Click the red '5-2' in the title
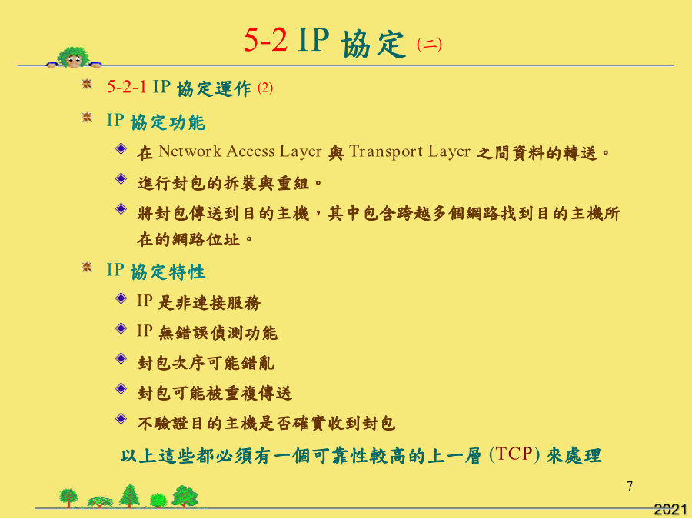point(266,40)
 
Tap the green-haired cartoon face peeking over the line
point(74,58)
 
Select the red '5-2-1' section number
point(127,87)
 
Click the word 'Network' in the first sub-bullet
point(190,151)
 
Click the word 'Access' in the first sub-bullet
point(251,151)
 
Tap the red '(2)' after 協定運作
point(265,88)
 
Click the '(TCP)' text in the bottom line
point(514,454)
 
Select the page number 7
point(630,486)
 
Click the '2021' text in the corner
point(670,509)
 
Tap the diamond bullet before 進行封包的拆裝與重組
point(121,178)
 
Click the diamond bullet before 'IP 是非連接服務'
point(121,298)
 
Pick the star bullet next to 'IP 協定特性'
point(87,267)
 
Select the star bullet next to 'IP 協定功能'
point(87,118)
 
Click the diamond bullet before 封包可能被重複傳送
point(121,388)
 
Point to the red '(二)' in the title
point(429,44)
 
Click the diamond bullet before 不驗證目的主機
point(121,418)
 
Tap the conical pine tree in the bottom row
point(130,496)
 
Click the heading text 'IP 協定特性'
point(156,271)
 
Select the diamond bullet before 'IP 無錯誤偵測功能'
point(121,328)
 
